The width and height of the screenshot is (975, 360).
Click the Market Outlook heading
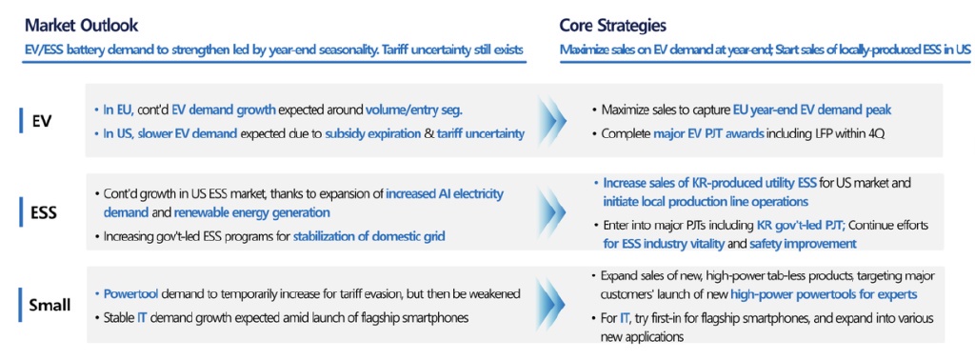tap(82, 26)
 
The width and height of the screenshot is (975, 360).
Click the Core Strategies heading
tap(613, 26)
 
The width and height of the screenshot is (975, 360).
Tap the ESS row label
tap(45, 212)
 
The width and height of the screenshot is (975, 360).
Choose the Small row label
tap(50, 305)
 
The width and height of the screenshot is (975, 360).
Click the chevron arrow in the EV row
tap(552, 120)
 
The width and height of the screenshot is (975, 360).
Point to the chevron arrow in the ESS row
tap(552, 211)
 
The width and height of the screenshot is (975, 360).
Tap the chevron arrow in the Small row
tap(552, 304)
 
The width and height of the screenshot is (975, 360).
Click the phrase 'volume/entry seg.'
tap(414, 110)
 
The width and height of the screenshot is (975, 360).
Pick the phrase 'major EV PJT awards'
tap(707, 133)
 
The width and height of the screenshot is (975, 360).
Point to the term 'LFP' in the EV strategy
tap(824, 133)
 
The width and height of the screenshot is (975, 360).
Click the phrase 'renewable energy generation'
tap(251, 212)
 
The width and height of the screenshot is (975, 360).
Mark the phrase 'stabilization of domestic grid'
tap(369, 236)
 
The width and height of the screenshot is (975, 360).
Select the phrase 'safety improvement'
tap(803, 244)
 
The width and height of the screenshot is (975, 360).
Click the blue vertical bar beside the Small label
tap(21, 305)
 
